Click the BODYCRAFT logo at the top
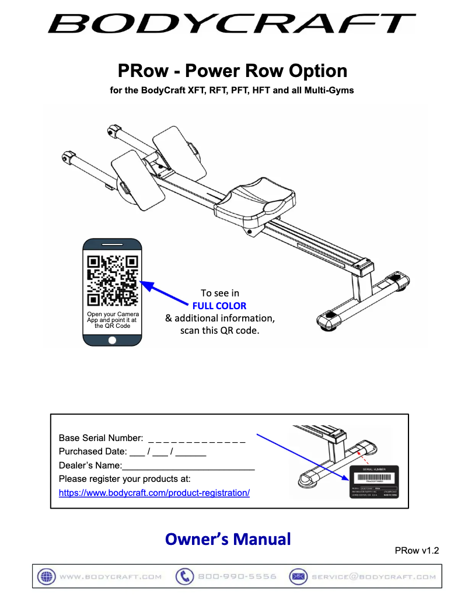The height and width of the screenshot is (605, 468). coord(232,24)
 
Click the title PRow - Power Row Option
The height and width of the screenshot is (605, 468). coord(232,71)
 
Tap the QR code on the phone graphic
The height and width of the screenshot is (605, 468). coord(112,281)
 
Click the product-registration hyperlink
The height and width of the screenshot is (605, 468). coord(154,493)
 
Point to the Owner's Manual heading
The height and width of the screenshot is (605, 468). coord(228,538)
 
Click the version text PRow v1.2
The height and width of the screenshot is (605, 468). coord(416,550)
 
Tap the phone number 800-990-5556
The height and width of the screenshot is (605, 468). coord(237,576)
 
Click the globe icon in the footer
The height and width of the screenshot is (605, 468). coord(46,576)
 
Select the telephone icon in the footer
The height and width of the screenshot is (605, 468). coord(184,576)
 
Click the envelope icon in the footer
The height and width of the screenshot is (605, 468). coord(298,576)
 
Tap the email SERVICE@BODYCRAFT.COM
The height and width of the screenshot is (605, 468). coord(373,576)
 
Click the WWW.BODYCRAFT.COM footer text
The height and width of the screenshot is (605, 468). coord(110,576)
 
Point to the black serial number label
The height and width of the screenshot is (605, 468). coord(373,481)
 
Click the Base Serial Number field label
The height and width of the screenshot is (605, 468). coord(100,438)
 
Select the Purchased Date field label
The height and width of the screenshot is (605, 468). coord(92,452)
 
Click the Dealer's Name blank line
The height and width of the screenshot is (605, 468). coord(188,467)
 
